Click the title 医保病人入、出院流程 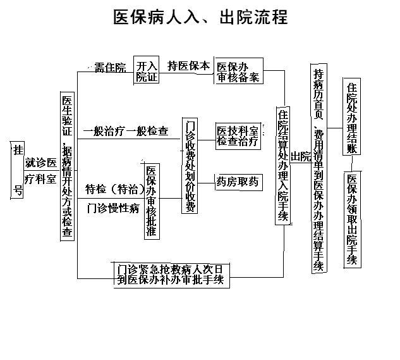tap(200, 17)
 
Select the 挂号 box tap(18, 170)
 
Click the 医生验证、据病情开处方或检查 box tap(67, 166)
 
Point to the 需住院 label tap(110, 67)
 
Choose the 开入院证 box tap(147, 72)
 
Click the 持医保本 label tap(188, 66)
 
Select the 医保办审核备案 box tap(238, 72)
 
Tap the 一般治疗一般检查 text tap(126, 132)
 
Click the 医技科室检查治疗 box tap(238, 137)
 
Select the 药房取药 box tap(238, 182)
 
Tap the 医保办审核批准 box tap(151, 201)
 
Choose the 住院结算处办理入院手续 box tap(282, 165)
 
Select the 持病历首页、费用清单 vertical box tap(320, 168)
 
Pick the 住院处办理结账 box tap(352, 116)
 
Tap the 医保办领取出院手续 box tap(352, 219)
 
